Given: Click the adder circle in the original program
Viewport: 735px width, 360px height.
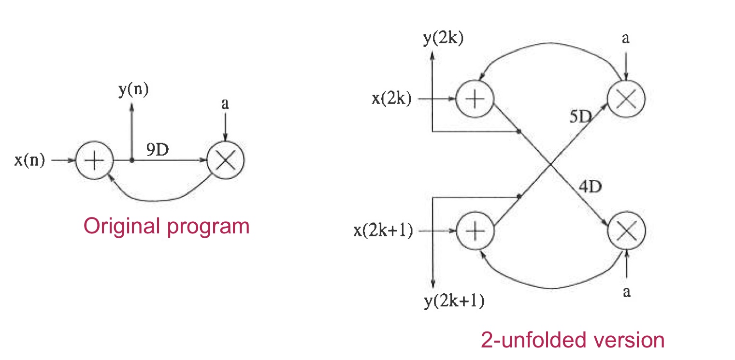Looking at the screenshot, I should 94,161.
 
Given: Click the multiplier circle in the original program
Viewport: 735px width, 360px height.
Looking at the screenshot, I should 225,161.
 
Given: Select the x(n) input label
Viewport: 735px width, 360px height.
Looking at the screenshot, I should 29,160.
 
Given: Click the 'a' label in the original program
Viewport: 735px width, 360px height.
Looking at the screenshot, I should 225,104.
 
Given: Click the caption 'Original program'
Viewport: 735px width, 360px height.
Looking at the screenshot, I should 167,226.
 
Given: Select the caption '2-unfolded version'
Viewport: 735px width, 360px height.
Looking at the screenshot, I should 573,341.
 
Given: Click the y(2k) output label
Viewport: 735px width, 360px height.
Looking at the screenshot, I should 443,39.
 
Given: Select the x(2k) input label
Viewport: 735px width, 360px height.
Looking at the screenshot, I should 391,99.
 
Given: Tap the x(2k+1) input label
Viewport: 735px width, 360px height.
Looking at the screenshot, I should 383,231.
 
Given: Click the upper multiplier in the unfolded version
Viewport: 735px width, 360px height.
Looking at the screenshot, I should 626,99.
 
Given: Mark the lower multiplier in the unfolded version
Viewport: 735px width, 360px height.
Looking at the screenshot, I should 626,231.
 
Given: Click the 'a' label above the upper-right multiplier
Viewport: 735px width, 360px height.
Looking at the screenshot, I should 626,39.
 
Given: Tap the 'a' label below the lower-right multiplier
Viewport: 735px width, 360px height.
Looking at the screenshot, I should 627,292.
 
